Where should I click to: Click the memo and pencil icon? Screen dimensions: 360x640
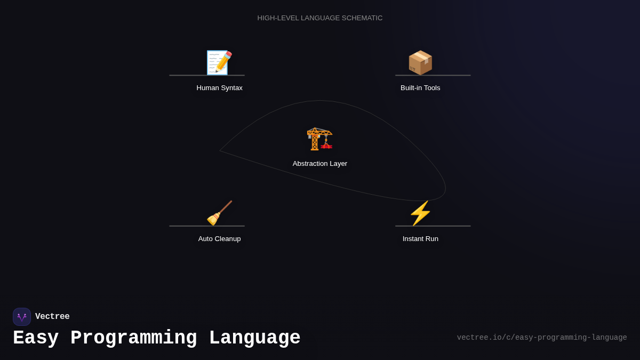[219, 63]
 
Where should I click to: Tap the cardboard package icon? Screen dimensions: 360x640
[420, 63]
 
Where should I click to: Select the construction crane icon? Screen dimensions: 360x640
[319, 139]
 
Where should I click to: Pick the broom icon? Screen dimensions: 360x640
[219, 213]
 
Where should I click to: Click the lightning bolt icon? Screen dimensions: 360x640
[420, 213]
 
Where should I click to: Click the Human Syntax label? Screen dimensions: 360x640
[219, 88]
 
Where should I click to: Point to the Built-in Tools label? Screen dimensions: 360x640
[420, 88]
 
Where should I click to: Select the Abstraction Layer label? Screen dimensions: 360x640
[319, 164]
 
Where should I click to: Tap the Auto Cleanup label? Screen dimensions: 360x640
[219, 239]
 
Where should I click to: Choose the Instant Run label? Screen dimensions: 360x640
[420, 239]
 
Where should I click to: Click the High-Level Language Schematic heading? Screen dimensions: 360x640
[319, 18]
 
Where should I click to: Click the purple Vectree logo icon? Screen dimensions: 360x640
[22, 317]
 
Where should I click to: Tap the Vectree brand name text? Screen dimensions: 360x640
[52, 317]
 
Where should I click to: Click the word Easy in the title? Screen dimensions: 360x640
[36, 338]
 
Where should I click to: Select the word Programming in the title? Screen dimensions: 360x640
[133, 338]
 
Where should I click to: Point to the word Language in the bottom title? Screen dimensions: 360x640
[254, 338]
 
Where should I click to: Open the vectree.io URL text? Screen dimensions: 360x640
[541, 338]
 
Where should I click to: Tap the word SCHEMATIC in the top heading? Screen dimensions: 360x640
[362, 18]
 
